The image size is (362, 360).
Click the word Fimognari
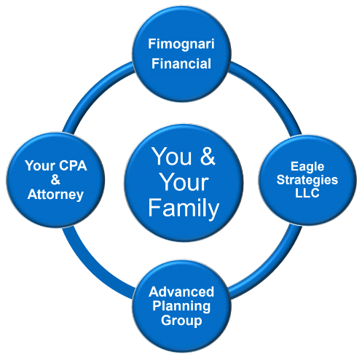(181, 44)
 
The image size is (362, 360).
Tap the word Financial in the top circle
(181, 63)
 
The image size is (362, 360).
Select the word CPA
(73, 165)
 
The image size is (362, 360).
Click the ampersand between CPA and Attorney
(55, 180)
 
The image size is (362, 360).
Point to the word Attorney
(55, 195)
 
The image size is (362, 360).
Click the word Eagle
(307, 167)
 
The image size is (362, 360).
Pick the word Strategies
(307, 181)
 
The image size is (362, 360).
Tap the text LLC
(307, 193)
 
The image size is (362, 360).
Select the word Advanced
(181, 291)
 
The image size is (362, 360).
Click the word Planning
(181, 306)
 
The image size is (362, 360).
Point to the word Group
(181, 321)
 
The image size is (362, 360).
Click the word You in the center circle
(172, 157)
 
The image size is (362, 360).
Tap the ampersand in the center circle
(208, 156)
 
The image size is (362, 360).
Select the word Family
(184, 208)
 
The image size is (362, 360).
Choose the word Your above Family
(184, 182)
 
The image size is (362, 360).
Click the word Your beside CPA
(40, 165)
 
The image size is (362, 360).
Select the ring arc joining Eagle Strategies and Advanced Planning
(272, 269)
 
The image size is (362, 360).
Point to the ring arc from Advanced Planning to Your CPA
(91, 269)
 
